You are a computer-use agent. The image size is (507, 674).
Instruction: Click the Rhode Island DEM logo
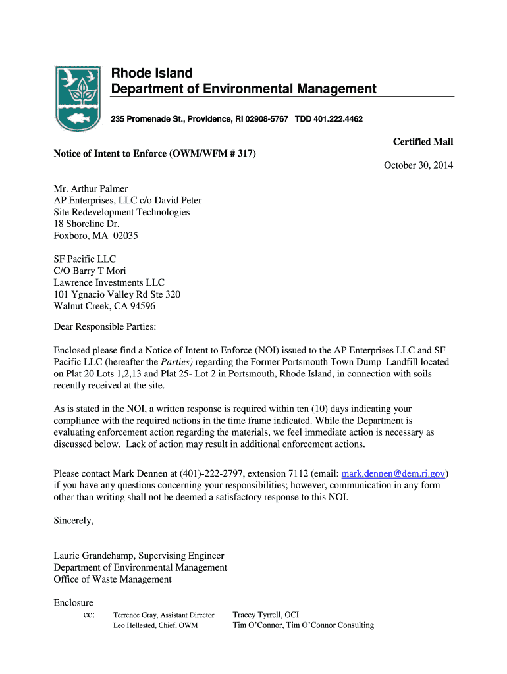[78, 98]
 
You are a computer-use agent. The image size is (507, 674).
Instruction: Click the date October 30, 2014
[418, 165]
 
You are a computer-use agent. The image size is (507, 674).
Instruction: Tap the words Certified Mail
[423, 142]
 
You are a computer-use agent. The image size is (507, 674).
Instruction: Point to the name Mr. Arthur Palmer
[91, 189]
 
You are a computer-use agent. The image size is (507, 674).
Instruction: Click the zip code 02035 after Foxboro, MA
[124, 235]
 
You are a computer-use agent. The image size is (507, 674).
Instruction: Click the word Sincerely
[74, 521]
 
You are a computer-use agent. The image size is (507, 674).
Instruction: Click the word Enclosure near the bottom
[73, 602]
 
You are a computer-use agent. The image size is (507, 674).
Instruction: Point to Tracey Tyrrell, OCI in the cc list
[266, 615]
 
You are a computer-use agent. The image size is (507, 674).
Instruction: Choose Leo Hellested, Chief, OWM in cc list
[155, 625]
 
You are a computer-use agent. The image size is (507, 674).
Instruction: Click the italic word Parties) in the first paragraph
[177, 362]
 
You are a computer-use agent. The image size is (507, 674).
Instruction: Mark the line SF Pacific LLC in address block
[84, 259]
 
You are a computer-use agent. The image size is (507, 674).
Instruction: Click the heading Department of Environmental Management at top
[243, 89]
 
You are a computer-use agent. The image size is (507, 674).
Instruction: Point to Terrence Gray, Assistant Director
[164, 615]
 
